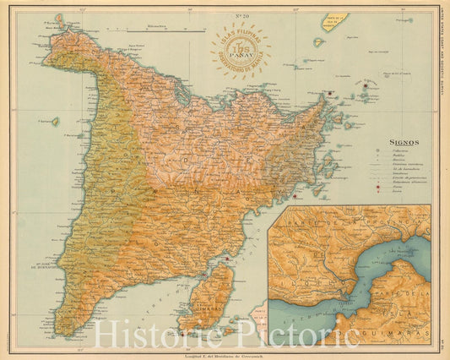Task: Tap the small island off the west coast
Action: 55,122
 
